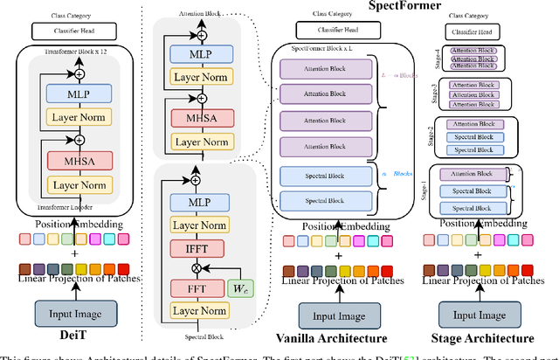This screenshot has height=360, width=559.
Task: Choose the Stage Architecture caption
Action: pyautogui.click(x=484, y=337)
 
